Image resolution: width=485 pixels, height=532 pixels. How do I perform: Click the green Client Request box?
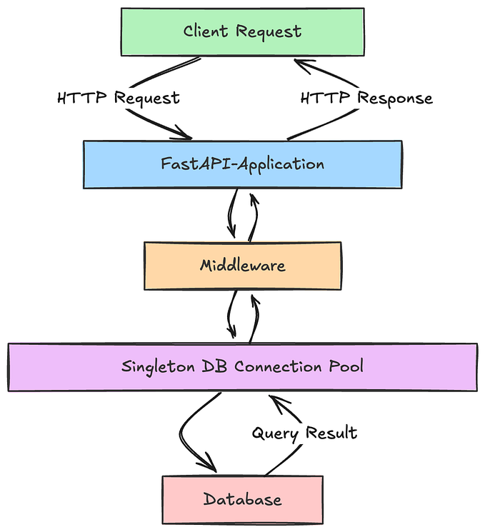click(x=242, y=31)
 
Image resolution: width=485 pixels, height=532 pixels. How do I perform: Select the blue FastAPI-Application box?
click(x=242, y=164)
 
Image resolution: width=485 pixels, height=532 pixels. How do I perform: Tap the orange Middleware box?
click(x=242, y=266)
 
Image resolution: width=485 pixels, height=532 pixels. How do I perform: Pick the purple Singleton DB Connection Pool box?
click(x=242, y=367)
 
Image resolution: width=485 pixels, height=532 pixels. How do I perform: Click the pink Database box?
click(x=242, y=498)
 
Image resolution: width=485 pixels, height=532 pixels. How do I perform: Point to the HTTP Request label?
click(x=118, y=98)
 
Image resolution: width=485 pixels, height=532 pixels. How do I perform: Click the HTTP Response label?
click(x=366, y=98)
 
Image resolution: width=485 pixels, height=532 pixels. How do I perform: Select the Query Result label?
click(x=304, y=433)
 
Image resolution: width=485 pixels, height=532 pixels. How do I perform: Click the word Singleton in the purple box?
click(x=151, y=367)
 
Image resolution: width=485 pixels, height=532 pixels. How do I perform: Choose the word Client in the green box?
click(x=206, y=31)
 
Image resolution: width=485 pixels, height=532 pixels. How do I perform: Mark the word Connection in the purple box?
click(x=274, y=367)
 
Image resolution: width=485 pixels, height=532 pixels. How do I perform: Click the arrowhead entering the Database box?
click(x=210, y=466)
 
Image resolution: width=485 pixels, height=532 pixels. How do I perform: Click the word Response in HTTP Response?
click(x=395, y=98)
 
